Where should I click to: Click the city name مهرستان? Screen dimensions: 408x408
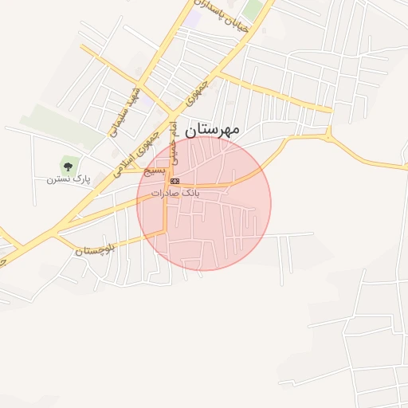(212, 128)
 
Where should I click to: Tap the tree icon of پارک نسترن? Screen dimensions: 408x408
(68, 167)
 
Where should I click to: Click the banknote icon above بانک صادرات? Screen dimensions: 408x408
(175, 182)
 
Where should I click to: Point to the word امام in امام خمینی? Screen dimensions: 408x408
(173, 129)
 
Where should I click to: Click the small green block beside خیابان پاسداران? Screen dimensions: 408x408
(253, 11)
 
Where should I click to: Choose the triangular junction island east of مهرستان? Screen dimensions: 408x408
(329, 137)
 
